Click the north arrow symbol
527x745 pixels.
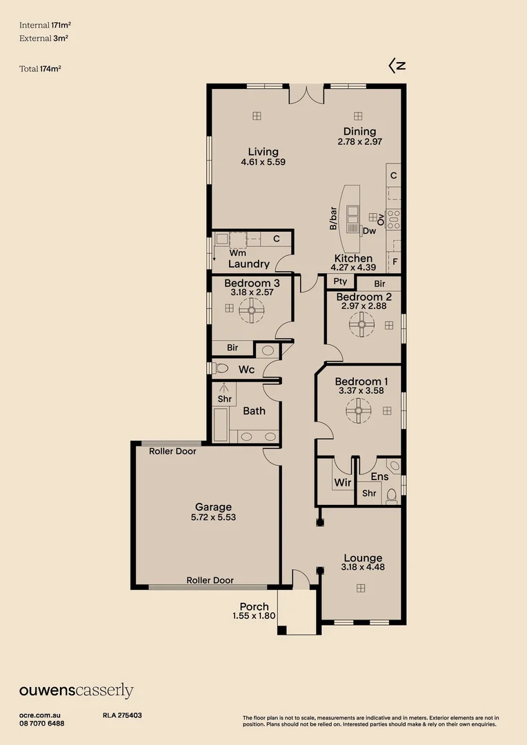[x=397, y=66]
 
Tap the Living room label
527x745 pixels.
[x=263, y=152]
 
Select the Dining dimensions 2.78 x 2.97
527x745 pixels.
[x=360, y=141]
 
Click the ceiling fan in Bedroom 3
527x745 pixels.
[x=251, y=311]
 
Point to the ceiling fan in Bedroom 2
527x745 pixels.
[x=360, y=324]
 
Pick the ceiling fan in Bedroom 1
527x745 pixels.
[x=359, y=412]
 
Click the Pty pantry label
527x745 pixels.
[x=340, y=281]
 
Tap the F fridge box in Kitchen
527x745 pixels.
[x=395, y=262]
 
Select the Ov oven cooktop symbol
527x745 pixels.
[x=394, y=219]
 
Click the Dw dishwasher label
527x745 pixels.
[x=370, y=231]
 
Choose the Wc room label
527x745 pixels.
[x=246, y=370]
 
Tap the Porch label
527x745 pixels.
[x=255, y=606]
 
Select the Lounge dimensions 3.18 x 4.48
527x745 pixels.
[x=362, y=568]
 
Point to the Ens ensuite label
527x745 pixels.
[x=379, y=477]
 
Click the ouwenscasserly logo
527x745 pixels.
[x=76, y=691]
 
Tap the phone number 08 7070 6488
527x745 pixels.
[x=42, y=724]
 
